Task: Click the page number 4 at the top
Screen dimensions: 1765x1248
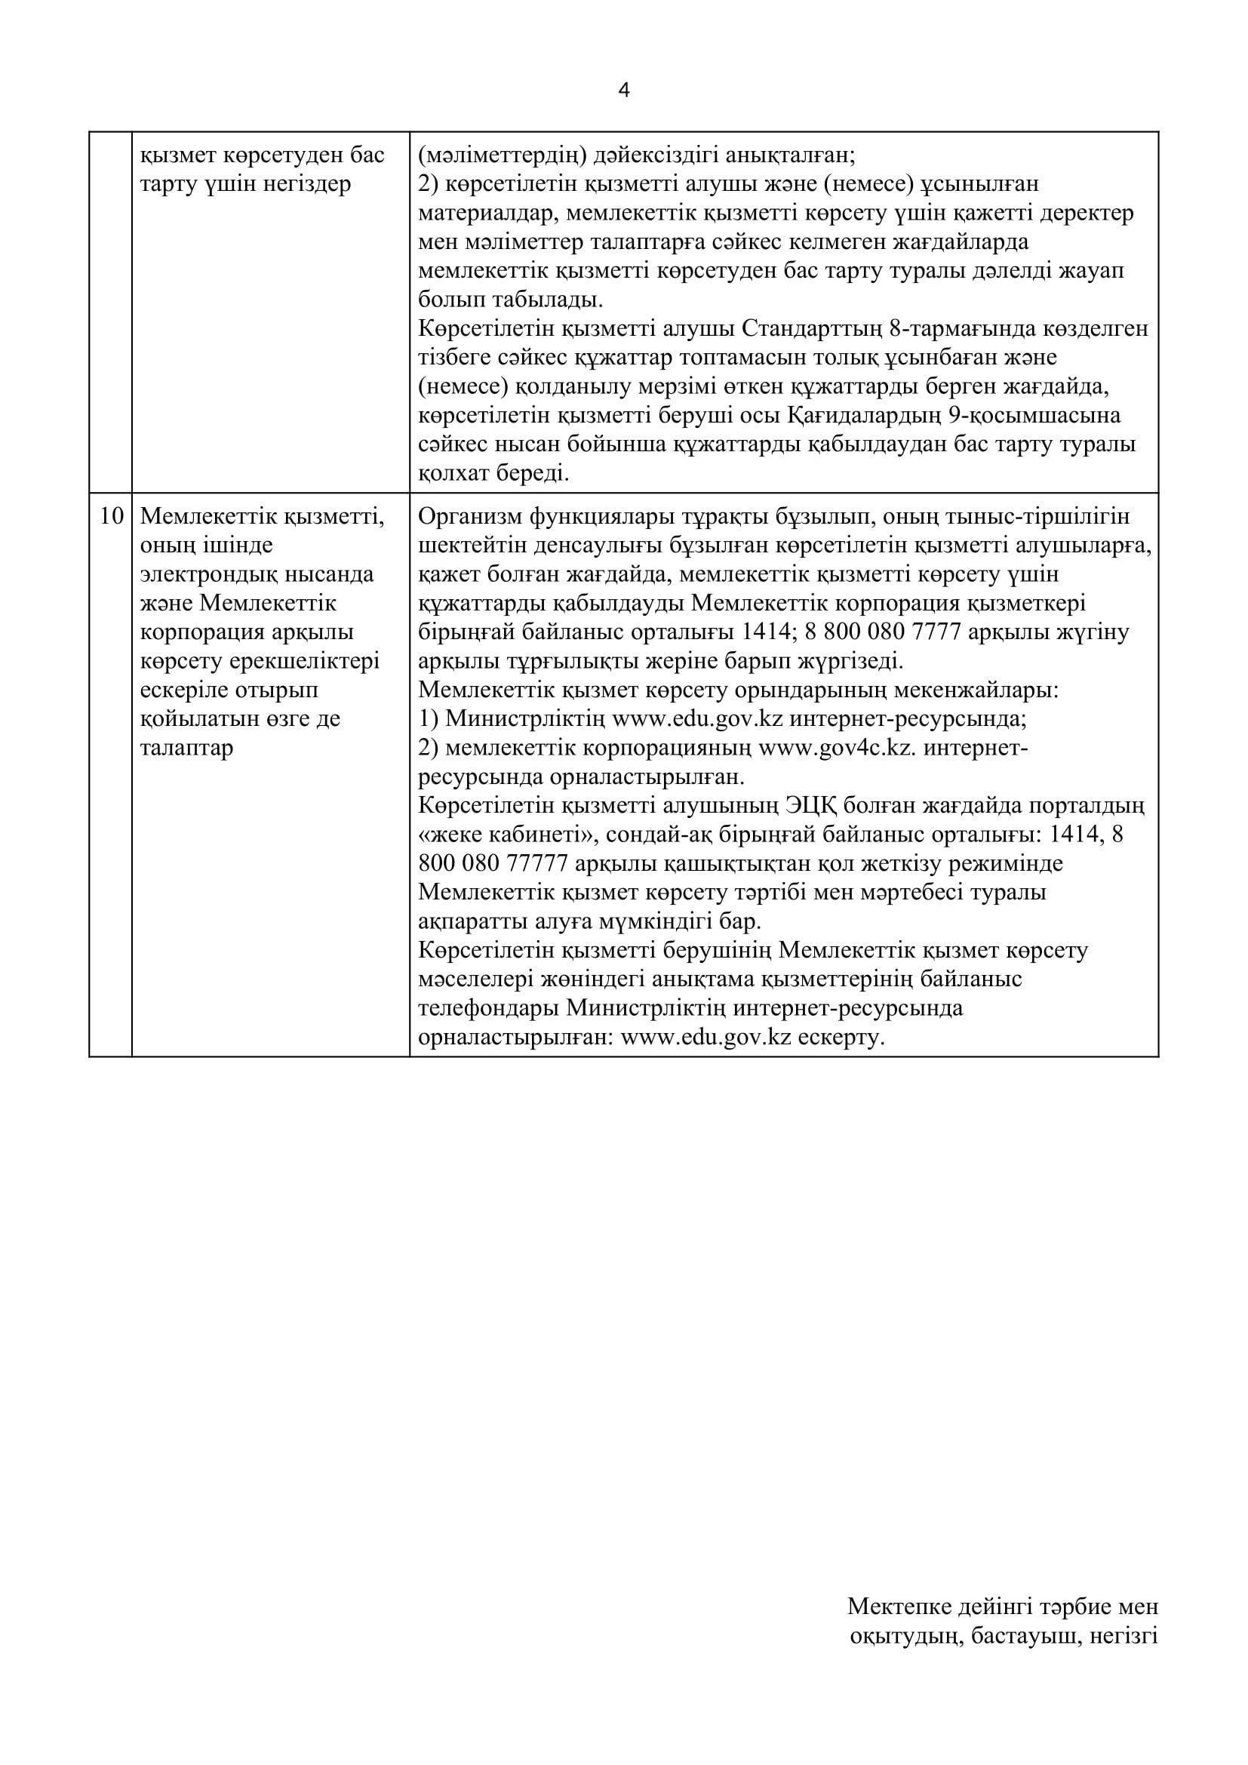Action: [x=624, y=91]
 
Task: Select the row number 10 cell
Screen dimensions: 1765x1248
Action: [x=112, y=516]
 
